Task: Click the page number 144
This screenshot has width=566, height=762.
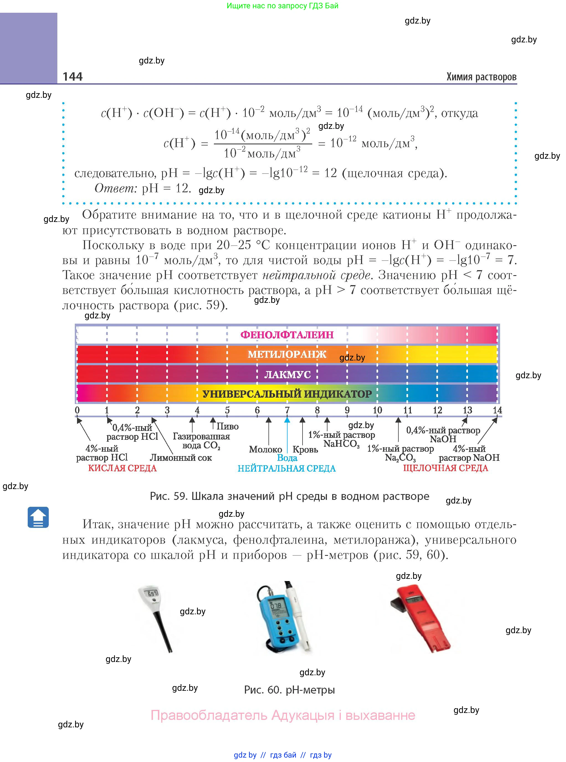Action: pyautogui.click(x=73, y=76)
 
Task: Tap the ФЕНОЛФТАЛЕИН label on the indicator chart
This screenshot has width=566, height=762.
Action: pyautogui.click(x=287, y=335)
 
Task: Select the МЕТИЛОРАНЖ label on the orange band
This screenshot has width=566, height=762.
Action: pyautogui.click(x=287, y=354)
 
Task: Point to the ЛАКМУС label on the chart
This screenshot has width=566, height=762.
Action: pyautogui.click(x=287, y=375)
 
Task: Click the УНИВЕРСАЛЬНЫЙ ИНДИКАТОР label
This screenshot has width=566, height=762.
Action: pyautogui.click(x=287, y=394)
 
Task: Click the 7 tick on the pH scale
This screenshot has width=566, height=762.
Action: pyautogui.click(x=287, y=410)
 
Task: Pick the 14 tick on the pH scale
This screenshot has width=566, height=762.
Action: pyautogui.click(x=497, y=410)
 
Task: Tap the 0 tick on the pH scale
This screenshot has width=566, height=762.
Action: pyautogui.click(x=77, y=410)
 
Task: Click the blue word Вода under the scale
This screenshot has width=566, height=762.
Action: pyautogui.click(x=287, y=458)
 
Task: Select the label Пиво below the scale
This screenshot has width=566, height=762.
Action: pyautogui.click(x=227, y=426)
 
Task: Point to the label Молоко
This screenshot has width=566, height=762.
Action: pyautogui.click(x=265, y=449)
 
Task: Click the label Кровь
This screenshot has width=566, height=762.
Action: pyautogui.click(x=305, y=449)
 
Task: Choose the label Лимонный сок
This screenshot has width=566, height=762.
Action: pyautogui.click(x=181, y=457)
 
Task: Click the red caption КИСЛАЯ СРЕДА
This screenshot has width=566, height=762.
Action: pyautogui.click(x=122, y=468)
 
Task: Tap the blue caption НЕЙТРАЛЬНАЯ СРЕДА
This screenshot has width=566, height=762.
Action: pyautogui.click(x=286, y=468)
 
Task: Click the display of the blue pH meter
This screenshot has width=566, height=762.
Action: pyautogui.click(x=276, y=606)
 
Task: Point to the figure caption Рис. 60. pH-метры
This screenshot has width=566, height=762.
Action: pyautogui.click(x=289, y=690)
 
